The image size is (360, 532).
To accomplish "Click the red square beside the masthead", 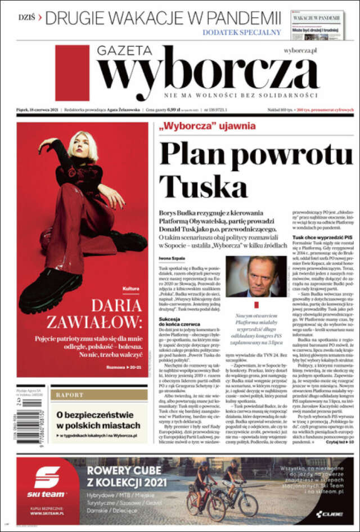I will [x=72, y=73].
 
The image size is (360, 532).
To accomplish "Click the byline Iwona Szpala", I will [x=170, y=258].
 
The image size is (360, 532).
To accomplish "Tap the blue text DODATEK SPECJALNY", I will [x=241, y=32].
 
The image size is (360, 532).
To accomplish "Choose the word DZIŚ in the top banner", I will [x=26, y=17].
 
